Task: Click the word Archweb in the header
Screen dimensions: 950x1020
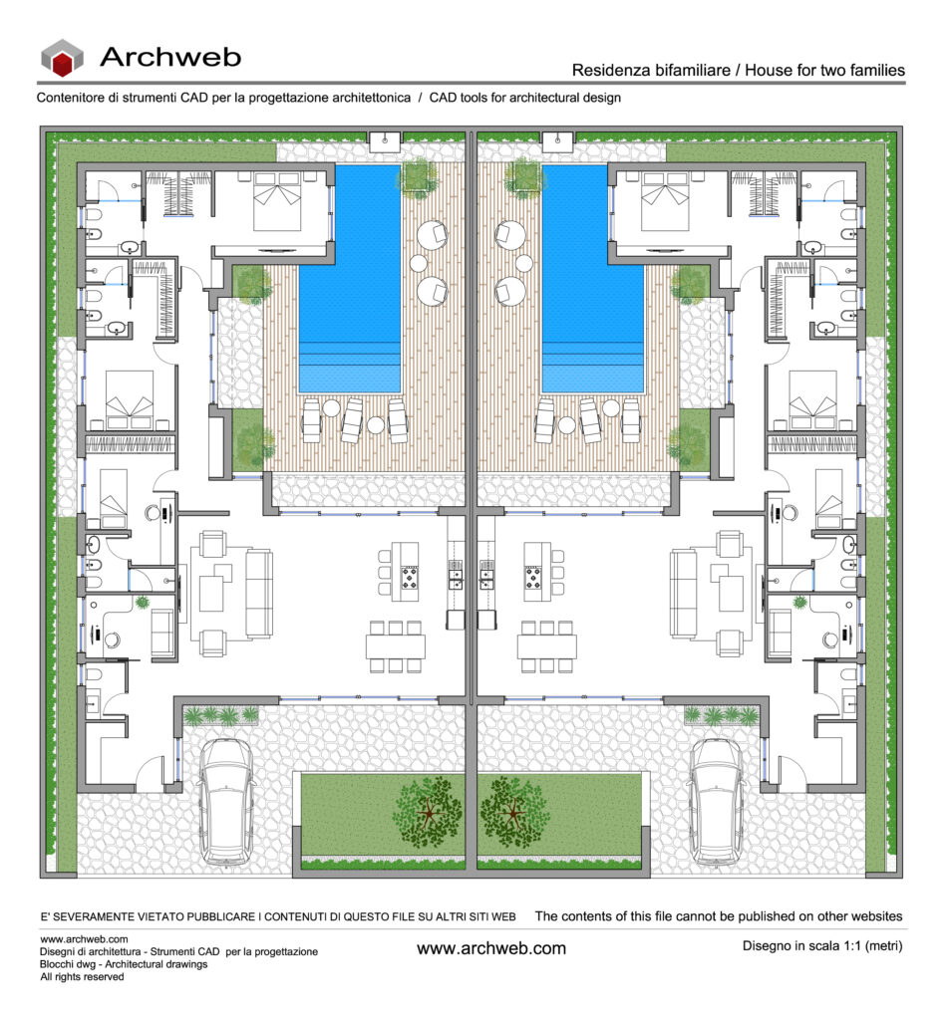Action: coord(170,57)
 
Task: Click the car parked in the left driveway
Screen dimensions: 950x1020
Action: coord(225,802)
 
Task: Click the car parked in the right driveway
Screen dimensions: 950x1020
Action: coord(718,802)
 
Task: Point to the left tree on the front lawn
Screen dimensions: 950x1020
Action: coord(427,811)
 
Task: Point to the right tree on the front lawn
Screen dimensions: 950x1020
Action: coord(514,811)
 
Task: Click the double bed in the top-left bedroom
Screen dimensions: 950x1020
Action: coord(277,201)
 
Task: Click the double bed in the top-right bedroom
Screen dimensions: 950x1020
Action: coord(665,201)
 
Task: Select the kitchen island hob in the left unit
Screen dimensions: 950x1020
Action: coord(409,578)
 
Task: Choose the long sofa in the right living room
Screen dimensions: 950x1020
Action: coord(683,594)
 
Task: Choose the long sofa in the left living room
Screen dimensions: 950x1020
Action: coord(259,594)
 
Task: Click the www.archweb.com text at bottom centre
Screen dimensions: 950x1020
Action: coord(491,948)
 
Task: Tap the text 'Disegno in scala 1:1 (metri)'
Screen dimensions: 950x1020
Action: coord(822,946)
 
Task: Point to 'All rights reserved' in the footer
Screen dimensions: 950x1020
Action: coord(82,976)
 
